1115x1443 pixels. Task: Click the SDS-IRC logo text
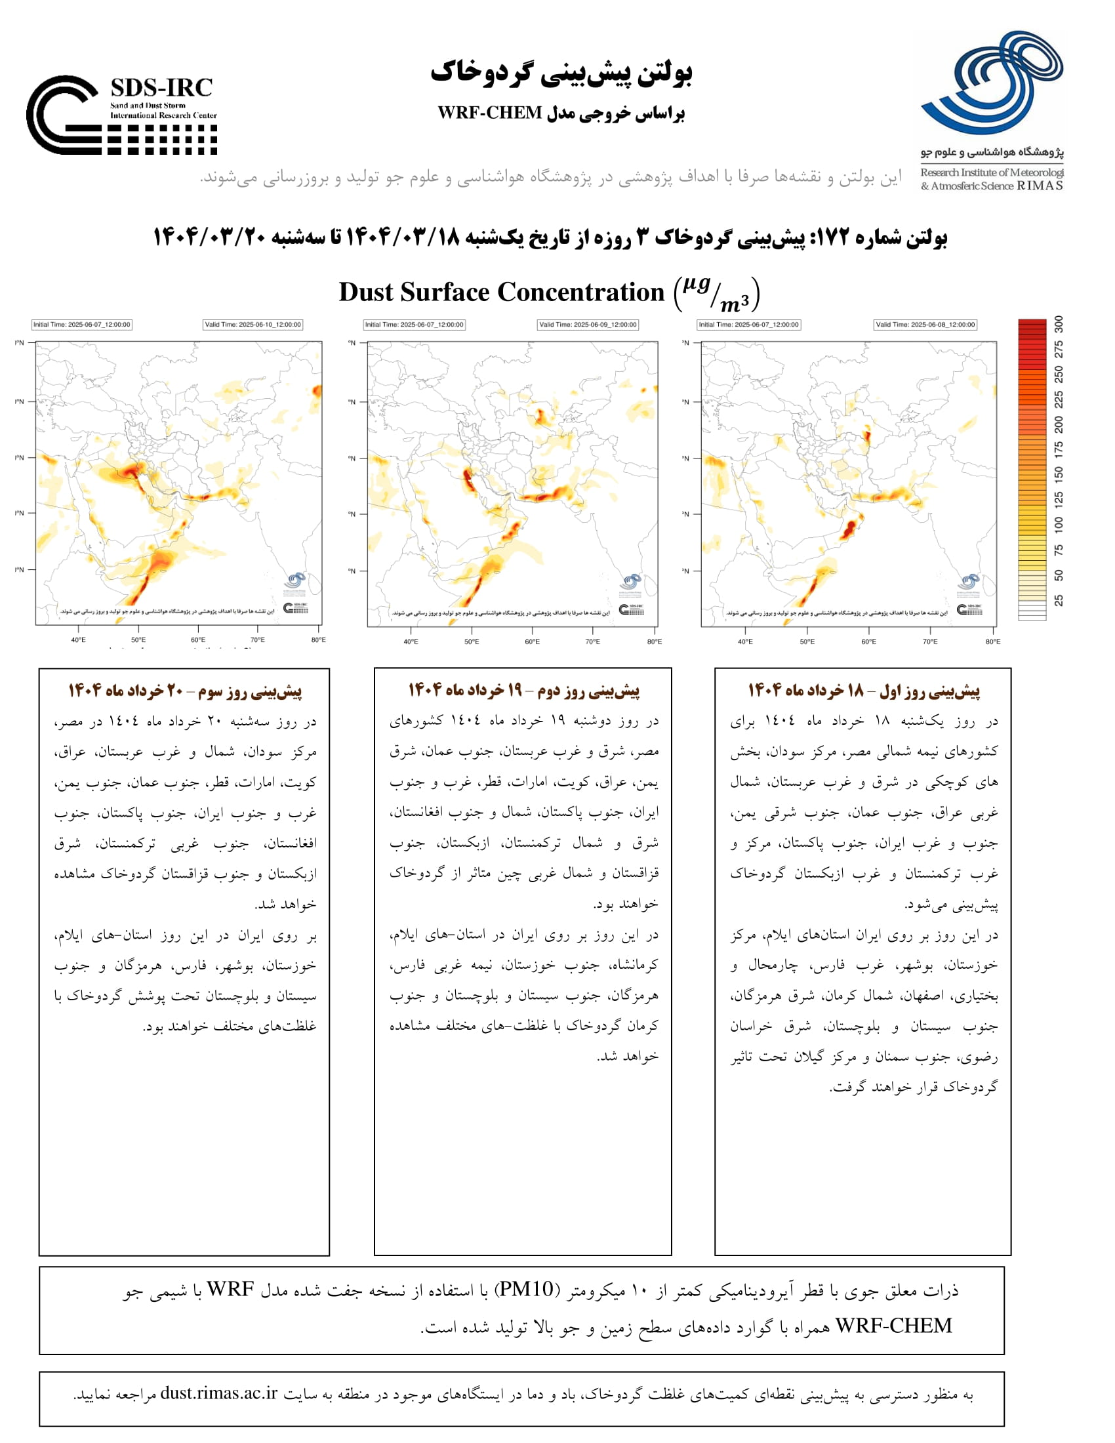pos(161,88)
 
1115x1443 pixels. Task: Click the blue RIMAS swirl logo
pos(992,83)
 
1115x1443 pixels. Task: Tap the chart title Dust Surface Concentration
pos(500,292)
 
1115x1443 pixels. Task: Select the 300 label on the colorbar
pos(1059,324)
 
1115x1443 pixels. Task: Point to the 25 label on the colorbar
pos(1059,600)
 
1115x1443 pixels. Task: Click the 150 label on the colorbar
pos(1059,474)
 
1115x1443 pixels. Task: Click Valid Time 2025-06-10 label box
pos(253,325)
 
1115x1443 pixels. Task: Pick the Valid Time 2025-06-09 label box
pos(587,325)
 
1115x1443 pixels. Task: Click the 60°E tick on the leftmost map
pos(198,640)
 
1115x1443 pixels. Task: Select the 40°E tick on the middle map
pos(410,641)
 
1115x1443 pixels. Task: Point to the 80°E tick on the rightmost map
pos(992,641)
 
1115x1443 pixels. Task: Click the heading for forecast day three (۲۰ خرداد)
pos(185,691)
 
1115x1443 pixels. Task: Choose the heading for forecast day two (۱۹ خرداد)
pos(523,691)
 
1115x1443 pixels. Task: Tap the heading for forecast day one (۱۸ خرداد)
pos(863,691)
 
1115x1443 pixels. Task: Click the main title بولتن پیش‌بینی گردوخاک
pos(561,73)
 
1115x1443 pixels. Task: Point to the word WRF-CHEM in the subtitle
pos(489,113)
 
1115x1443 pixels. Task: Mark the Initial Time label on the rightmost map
pos(748,325)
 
